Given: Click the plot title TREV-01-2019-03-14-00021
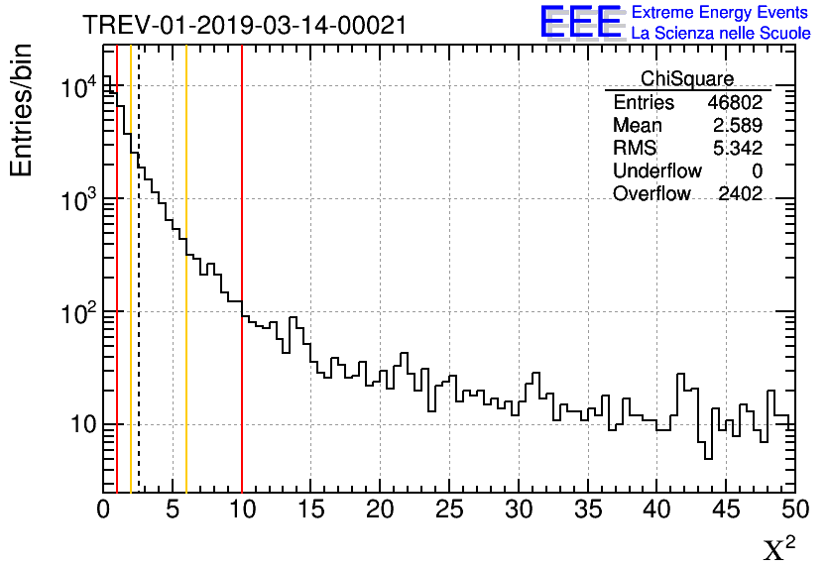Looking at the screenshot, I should [244, 25].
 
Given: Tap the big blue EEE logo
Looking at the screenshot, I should [580, 22].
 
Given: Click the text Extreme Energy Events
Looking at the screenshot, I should [720, 13].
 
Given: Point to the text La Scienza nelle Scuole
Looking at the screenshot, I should [720, 33].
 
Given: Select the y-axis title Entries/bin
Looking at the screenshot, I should [22, 111].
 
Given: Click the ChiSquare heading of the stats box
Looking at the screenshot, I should [687, 78].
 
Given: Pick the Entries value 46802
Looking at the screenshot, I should [735, 103].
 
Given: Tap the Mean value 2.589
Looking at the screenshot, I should [738, 126].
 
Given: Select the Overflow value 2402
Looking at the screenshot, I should [740, 194].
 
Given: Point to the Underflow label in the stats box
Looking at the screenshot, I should [657, 171].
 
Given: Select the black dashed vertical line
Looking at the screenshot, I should [139, 297].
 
